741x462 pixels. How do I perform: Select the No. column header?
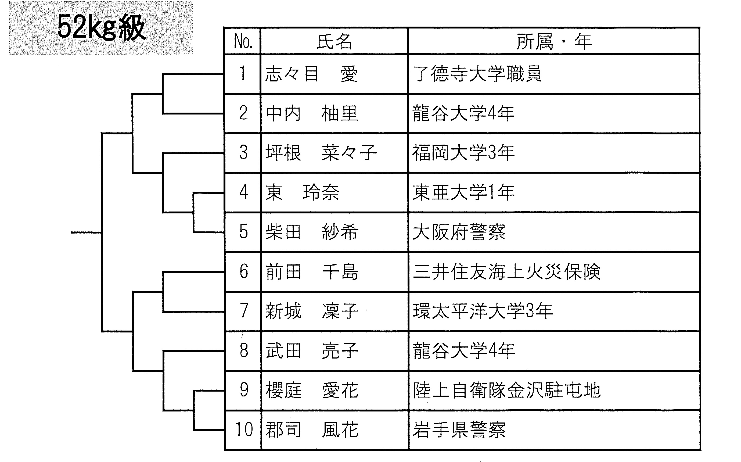pyautogui.click(x=243, y=41)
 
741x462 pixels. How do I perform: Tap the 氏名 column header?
pyautogui.click(x=334, y=41)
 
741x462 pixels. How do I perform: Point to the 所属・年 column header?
pyautogui.click(x=554, y=41)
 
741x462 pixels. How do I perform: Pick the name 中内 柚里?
pyautogui.click(x=312, y=113)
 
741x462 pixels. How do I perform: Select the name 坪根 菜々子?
pyautogui.click(x=321, y=152)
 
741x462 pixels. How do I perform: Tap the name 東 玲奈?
pyautogui.click(x=302, y=192)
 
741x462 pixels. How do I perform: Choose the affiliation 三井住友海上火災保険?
pyautogui.click(x=507, y=271)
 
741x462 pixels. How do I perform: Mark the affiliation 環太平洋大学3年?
pyautogui.click(x=483, y=311)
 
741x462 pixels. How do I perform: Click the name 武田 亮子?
pyautogui.click(x=312, y=350)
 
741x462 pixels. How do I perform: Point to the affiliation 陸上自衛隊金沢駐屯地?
pyautogui.click(x=507, y=390)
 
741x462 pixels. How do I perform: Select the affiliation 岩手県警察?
pyautogui.click(x=459, y=429)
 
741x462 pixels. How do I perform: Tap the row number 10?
pyautogui.click(x=244, y=429)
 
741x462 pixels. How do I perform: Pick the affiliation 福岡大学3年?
pyautogui.click(x=463, y=152)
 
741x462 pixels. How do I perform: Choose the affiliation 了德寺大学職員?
pyautogui.click(x=477, y=74)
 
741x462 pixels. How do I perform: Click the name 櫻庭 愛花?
pyautogui.click(x=312, y=390)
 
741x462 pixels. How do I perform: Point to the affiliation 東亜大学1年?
pyautogui.click(x=463, y=192)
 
